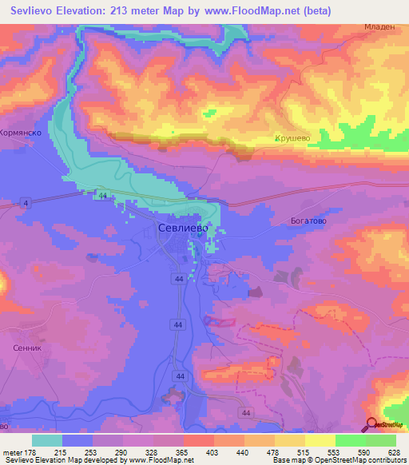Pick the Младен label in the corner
pyautogui.click(x=379, y=26)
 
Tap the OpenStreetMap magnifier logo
pyautogui.click(x=372, y=424)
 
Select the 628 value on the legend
pyautogui.click(x=392, y=452)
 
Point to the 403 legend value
pyautogui.click(x=213, y=452)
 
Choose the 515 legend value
pyautogui.click(x=303, y=452)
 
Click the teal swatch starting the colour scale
pyautogui.click(x=47, y=440)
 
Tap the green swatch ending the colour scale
pyautogui.click(x=380, y=440)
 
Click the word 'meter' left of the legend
pyautogui.click(x=14, y=452)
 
